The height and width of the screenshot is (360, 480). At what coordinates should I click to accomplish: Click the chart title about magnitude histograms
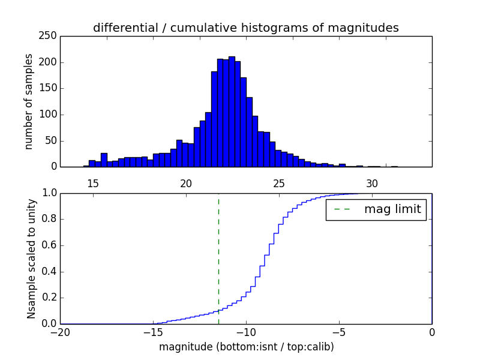(x=245, y=28)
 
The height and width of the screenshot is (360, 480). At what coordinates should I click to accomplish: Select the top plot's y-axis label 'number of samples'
(x=29, y=101)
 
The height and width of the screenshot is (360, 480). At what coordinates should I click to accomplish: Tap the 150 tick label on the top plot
(x=50, y=89)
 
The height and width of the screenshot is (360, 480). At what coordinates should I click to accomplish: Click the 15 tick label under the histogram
(x=93, y=183)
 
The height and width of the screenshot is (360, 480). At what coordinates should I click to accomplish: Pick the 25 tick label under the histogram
(x=279, y=183)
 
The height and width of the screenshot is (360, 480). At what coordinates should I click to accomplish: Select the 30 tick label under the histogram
(x=372, y=183)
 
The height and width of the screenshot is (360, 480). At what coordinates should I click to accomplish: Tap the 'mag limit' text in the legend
(x=392, y=209)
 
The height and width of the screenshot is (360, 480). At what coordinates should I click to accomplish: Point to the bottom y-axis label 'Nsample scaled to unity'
(x=31, y=259)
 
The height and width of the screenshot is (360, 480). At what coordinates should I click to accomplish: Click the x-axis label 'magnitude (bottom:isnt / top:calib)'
(x=246, y=347)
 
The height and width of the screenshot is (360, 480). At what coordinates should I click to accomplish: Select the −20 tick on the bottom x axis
(x=61, y=332)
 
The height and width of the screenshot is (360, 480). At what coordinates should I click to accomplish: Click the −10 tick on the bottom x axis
(x=246, y=332)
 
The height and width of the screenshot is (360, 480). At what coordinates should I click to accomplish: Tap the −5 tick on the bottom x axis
(x=339, y=332)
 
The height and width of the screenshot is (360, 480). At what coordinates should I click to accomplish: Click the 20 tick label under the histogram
(x=186, y=183)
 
